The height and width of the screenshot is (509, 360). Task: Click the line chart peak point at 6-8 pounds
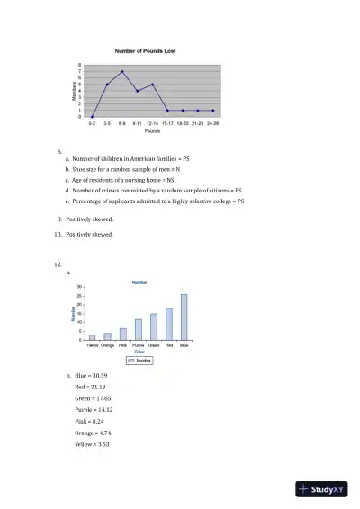tap(122, 71)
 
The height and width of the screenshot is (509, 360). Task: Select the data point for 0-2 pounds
tap(92, 117)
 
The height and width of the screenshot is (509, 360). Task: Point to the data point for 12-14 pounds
tap(152, 85)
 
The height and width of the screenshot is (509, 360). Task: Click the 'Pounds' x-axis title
tap(152, 131)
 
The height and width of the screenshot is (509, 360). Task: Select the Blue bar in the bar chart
tap(184, 317)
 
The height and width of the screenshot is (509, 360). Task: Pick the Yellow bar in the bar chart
tap(92, 338)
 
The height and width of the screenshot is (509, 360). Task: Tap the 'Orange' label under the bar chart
tap(107, 345)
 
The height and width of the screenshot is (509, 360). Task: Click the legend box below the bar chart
tap(139, 360)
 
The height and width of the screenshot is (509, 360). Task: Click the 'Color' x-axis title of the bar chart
tap(139, 352)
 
